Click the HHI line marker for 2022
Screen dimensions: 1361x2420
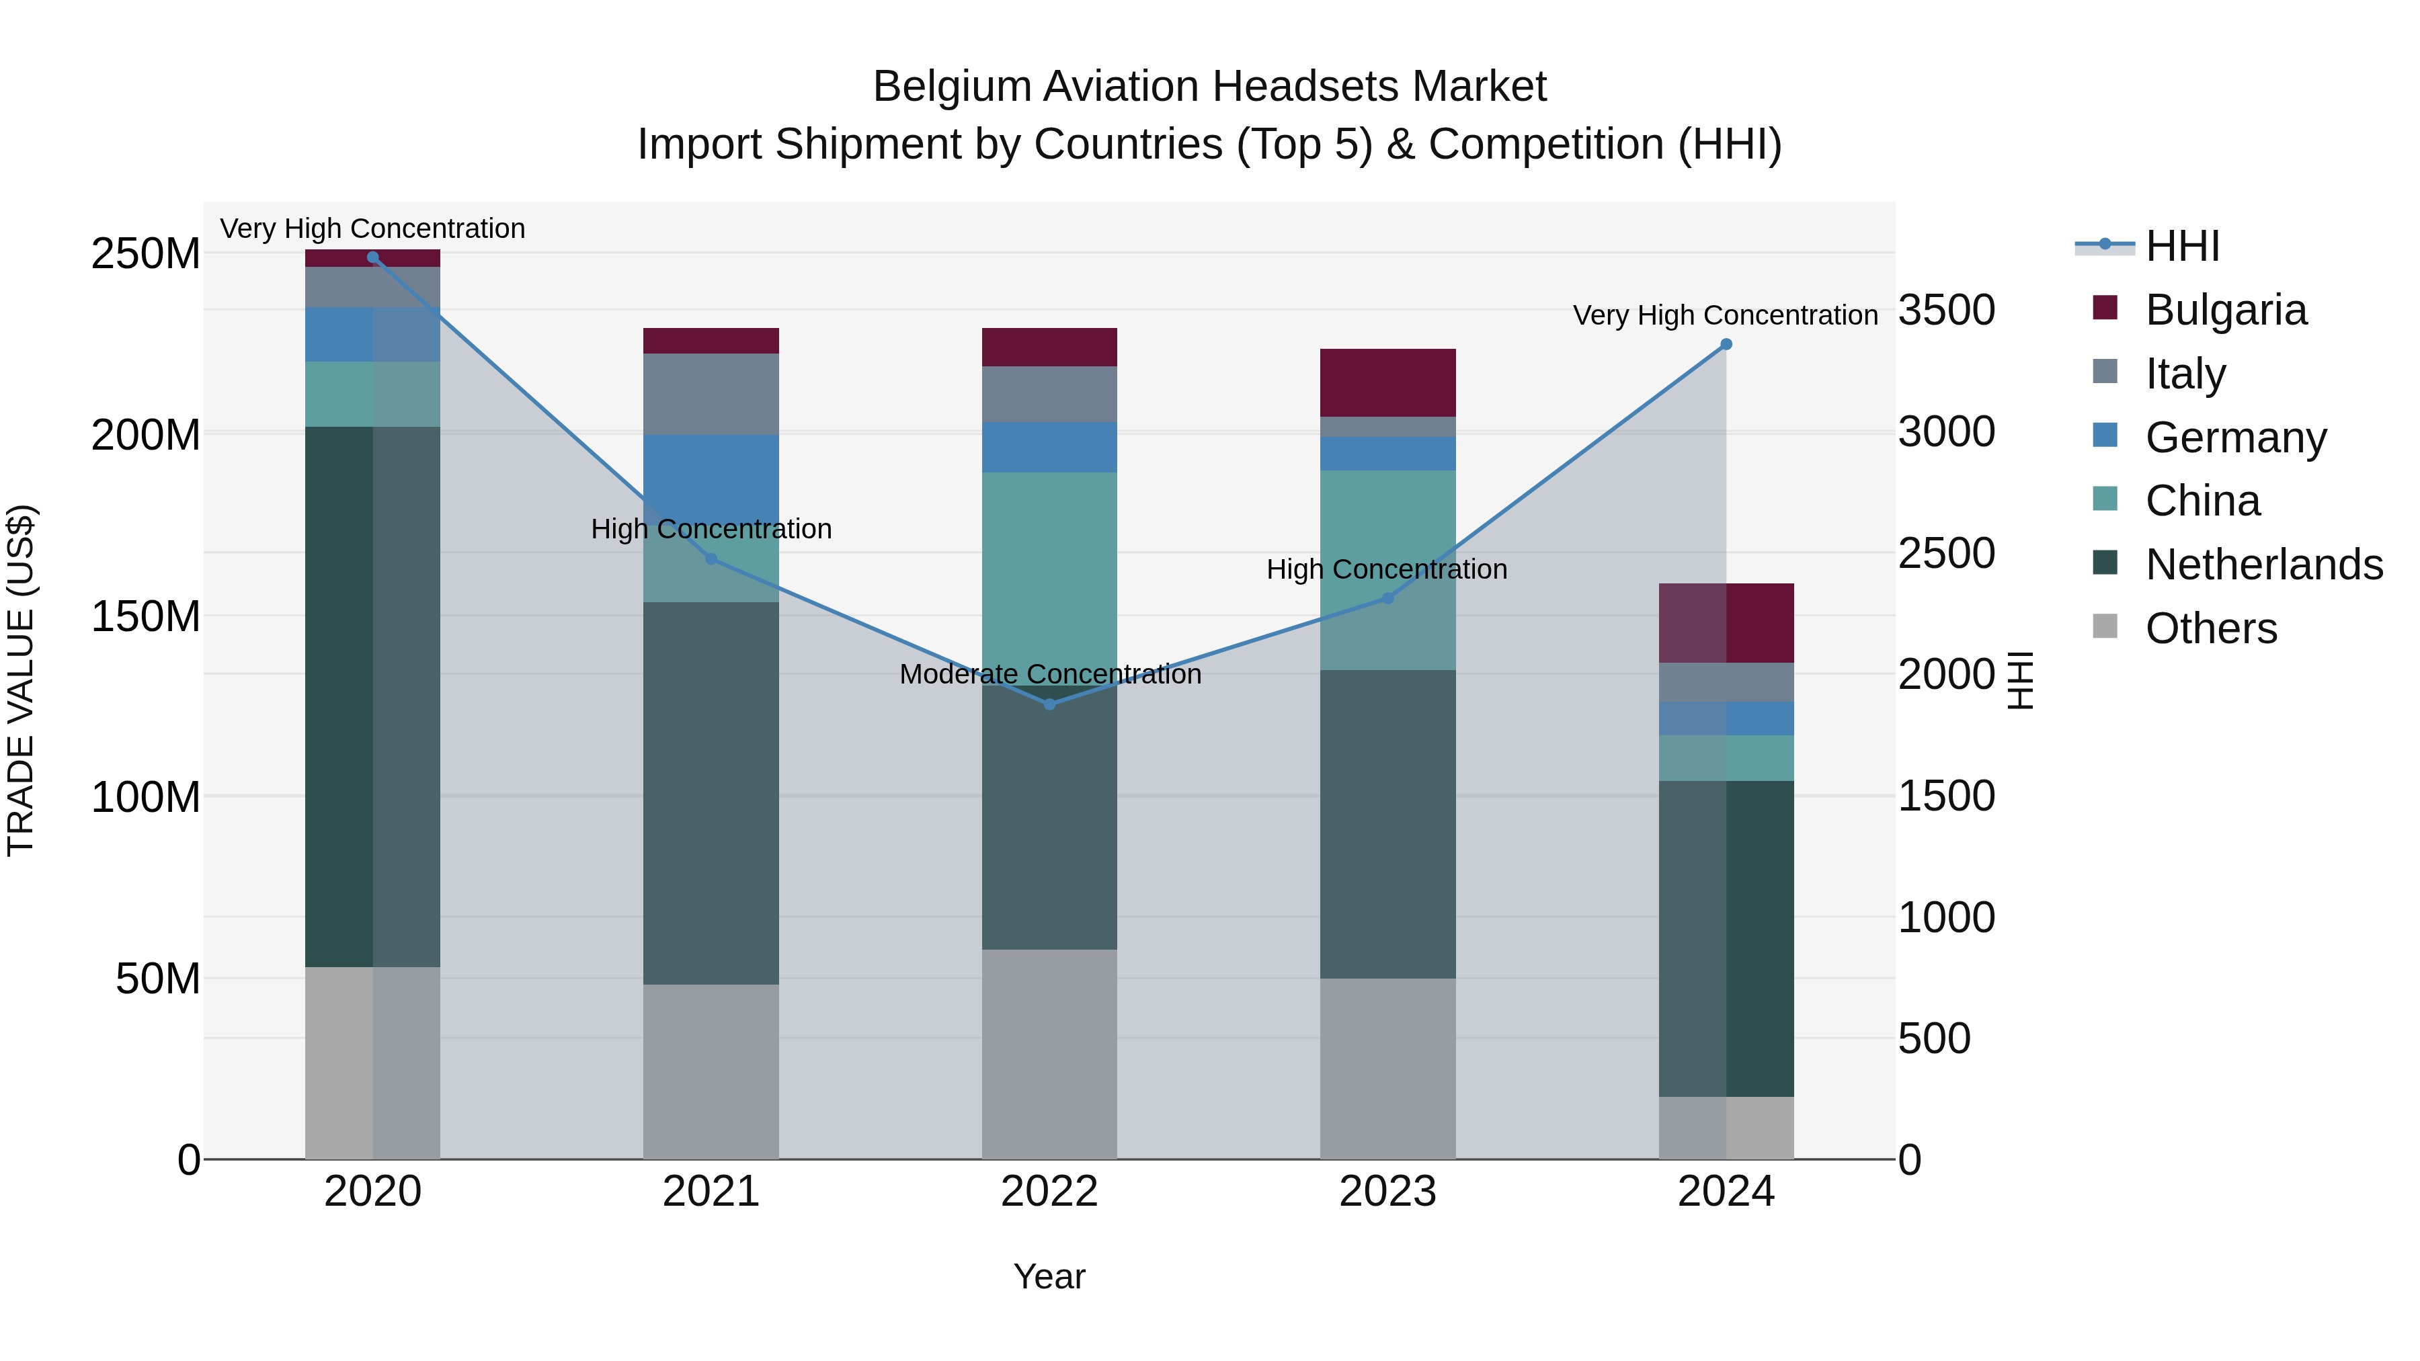click(1049, 704)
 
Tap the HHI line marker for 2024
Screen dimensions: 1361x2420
click(1726, 345)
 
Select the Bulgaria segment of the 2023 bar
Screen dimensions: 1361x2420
click(1387, 382)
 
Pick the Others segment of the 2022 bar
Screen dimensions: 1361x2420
click(1049, 1053)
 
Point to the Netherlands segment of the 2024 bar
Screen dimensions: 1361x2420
click(1726, 938)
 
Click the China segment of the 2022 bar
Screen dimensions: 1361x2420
click(1049, 573)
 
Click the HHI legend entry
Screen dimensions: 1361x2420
click(2181, 246)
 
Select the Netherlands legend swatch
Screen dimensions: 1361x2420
click(2105, 564)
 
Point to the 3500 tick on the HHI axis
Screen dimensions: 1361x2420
click(1945, 310)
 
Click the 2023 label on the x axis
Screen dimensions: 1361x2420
click(1387, 1192)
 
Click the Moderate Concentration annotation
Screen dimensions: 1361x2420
click(1049, 674)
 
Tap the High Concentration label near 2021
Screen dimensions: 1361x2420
click(711, 529)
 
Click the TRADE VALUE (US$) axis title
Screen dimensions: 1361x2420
click(21, 680)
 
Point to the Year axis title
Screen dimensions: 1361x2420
click(1049, 1276)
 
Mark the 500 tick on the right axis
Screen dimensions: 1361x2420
click(1933, 1039)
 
